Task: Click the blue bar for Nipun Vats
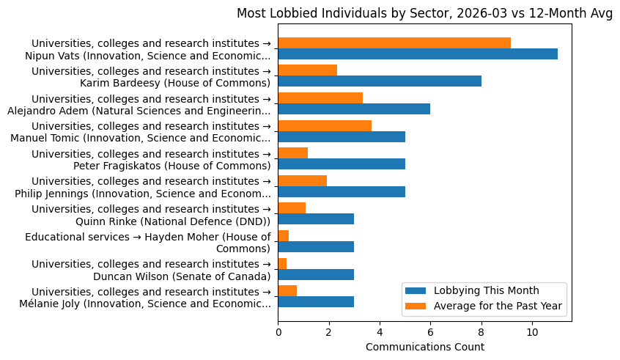click(418, 54)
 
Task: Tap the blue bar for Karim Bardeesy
click(380, 81)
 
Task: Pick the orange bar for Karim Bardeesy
click(307, 70)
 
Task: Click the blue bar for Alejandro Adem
click(354, 109)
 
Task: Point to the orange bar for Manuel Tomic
click(325, 125)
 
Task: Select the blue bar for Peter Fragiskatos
click(342, 164)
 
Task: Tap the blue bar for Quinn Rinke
click(316, 219)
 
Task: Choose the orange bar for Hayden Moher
click(283, 235)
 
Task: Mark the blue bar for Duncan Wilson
click(316, 274)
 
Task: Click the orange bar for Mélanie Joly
click(287, 290)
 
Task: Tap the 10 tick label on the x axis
click(532, 331)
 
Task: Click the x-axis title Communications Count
click(424, 346)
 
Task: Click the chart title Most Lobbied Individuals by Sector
click(424, 13)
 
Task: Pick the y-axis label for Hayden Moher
click(147, 243)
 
